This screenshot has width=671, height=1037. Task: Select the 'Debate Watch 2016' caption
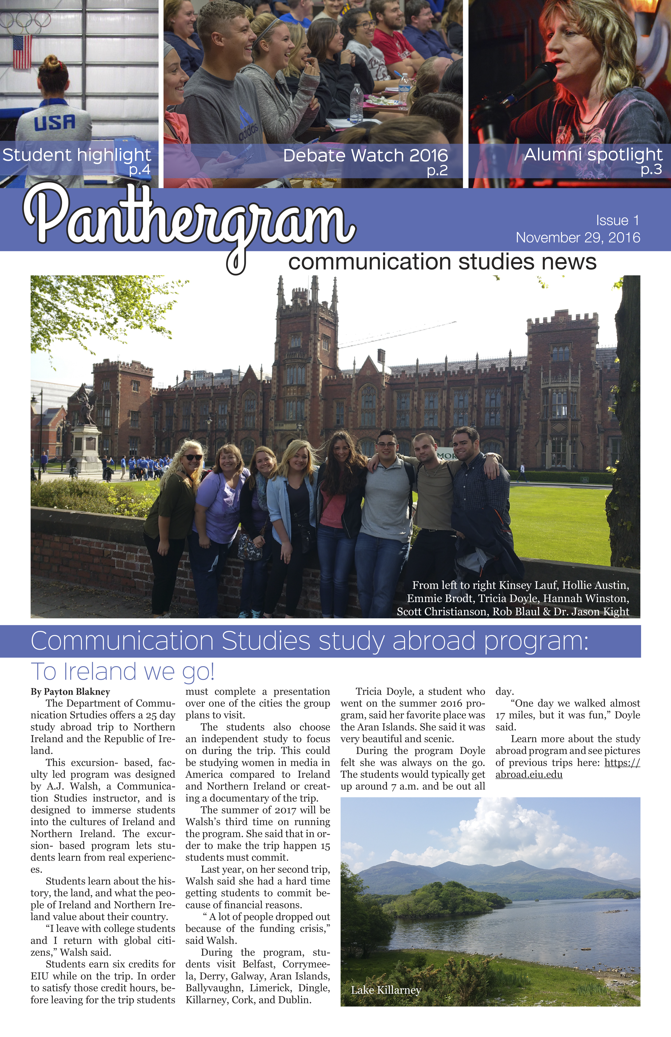tap(365, 155)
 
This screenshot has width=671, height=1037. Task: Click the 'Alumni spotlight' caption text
tap(593, 154)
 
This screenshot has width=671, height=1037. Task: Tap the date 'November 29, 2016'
tap(578, 237)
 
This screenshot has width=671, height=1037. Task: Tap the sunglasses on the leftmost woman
tap(192, 457)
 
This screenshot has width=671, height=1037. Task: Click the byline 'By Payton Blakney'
tap(70, 692)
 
